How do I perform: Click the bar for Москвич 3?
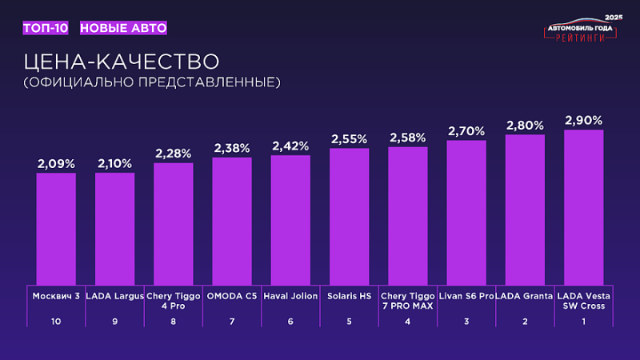56,228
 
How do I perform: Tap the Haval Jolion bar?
290,219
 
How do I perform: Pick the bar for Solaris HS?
349,216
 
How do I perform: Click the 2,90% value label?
583,120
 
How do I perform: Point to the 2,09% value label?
56,163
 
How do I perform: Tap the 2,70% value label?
466,130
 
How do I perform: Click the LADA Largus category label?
114,295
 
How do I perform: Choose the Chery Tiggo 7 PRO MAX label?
408,301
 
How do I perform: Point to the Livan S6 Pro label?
467,295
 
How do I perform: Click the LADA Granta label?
525,295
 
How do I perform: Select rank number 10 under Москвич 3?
56,322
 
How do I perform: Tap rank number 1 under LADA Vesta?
583,322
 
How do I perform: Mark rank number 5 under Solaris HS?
349,322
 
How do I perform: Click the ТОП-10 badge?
46,28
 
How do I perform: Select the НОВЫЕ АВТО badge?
124,28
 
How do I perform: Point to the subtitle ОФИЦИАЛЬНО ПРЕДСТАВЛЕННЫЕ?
151,82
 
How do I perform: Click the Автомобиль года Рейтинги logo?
581,30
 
